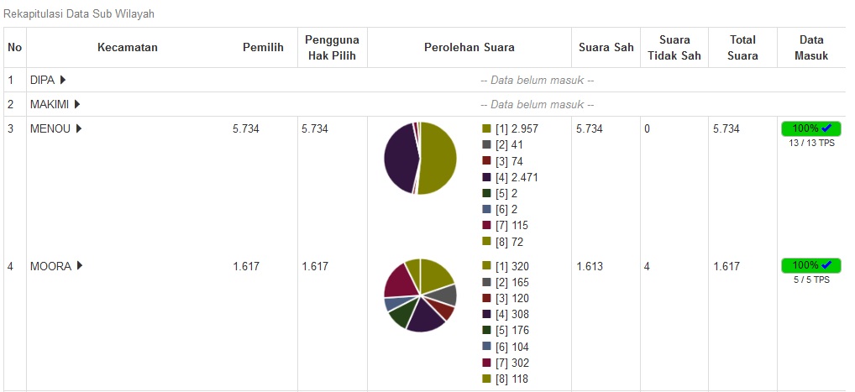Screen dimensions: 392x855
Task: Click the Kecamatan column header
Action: pyautogui.click(x=127, y=48)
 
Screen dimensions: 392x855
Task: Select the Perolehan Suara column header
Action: pyautogui.click(x=469, y=48)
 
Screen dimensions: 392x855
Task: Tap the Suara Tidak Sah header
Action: pyautogui.click(x=674, y=48)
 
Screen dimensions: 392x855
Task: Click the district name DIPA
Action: pyautogui.click(x=42, y=80)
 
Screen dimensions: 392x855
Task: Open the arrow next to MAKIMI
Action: pyautogui.click(x=77, y=104)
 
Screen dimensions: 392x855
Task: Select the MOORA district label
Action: pyautogui.click(x=50, y=266)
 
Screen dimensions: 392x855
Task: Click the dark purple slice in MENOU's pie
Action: pyautogui.click(x=399, y=158)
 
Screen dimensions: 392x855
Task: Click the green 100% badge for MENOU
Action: pyautogui.click(x=810, y=128)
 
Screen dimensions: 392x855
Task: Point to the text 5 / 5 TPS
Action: pyautogui.click(x=810, y=280)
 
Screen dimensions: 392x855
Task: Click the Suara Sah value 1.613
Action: pyautogui.click(x=590, y=266)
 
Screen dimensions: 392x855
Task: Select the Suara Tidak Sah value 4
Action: pyautogui.click(x=647, y=266)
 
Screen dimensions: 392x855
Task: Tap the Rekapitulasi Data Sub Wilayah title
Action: pyautogui.click(x=79, y=14)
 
